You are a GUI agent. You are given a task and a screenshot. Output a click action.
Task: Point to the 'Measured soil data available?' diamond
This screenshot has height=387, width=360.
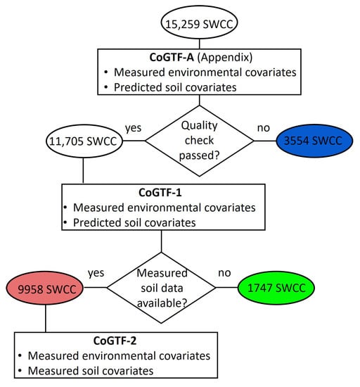pos(162,288)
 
